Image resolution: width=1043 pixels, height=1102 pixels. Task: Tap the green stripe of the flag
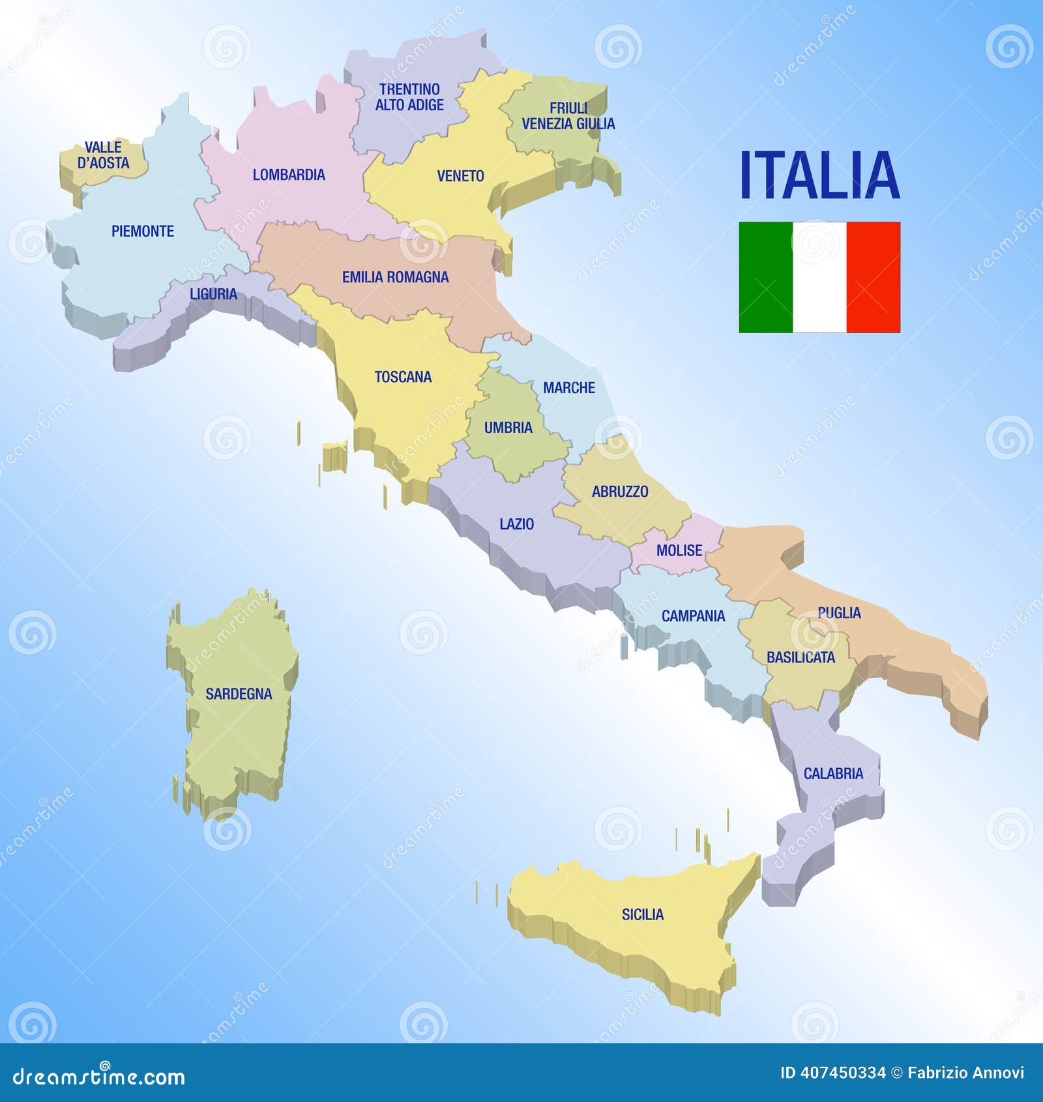765,277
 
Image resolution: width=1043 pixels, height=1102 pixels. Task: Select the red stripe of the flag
874,277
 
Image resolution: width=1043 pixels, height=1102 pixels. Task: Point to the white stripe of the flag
819,277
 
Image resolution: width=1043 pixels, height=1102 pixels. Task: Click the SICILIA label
642,915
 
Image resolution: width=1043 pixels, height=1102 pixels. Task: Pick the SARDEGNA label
239,694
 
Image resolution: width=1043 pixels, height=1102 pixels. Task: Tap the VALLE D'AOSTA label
103,155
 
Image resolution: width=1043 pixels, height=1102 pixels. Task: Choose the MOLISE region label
679,550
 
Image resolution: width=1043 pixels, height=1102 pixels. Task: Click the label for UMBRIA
508,428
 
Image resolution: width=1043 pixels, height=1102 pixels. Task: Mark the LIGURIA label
213,294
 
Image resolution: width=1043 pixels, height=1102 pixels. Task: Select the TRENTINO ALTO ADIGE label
409,97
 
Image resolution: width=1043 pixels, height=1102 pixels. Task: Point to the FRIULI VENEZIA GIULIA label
568,116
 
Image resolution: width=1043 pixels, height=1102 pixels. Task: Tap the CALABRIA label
833,773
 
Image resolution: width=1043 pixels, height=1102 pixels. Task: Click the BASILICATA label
801,657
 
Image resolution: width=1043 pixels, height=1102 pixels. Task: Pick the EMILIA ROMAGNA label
395,277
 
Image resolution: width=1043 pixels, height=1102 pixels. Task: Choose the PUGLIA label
839,613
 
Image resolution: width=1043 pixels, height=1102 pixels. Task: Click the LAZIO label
516,524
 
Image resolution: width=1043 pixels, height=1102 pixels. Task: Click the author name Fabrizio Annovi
965,1073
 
